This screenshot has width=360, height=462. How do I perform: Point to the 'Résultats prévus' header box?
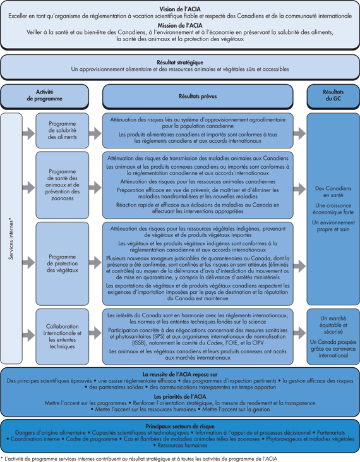pos(199,95)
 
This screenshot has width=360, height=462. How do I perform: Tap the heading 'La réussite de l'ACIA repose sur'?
pos(180,374)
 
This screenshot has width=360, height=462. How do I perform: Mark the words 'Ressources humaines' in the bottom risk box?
pos(181,445)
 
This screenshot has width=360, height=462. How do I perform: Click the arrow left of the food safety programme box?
pos(28,133)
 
